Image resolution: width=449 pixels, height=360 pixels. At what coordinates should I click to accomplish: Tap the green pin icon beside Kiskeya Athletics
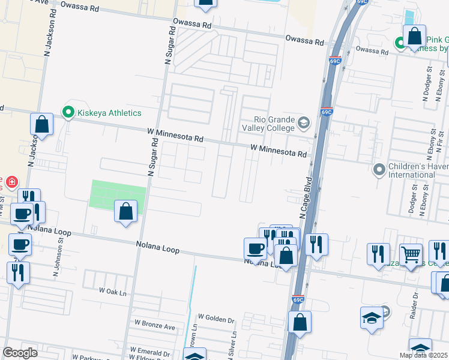(x=68, y=112)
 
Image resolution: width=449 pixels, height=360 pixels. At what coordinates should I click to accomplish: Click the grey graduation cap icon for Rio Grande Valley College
(x=304, y=124)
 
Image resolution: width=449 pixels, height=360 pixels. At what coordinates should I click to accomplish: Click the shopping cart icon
(x=411, y=254)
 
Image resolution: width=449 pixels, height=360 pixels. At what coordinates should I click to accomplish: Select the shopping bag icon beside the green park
(x=125, y=212)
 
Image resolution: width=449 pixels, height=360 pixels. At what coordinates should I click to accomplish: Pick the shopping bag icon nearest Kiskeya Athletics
(x=42, y=125)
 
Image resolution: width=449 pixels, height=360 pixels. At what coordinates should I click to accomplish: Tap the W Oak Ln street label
(x=113, y=292)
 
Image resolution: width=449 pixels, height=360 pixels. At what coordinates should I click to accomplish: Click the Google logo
(x=20, y=353)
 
